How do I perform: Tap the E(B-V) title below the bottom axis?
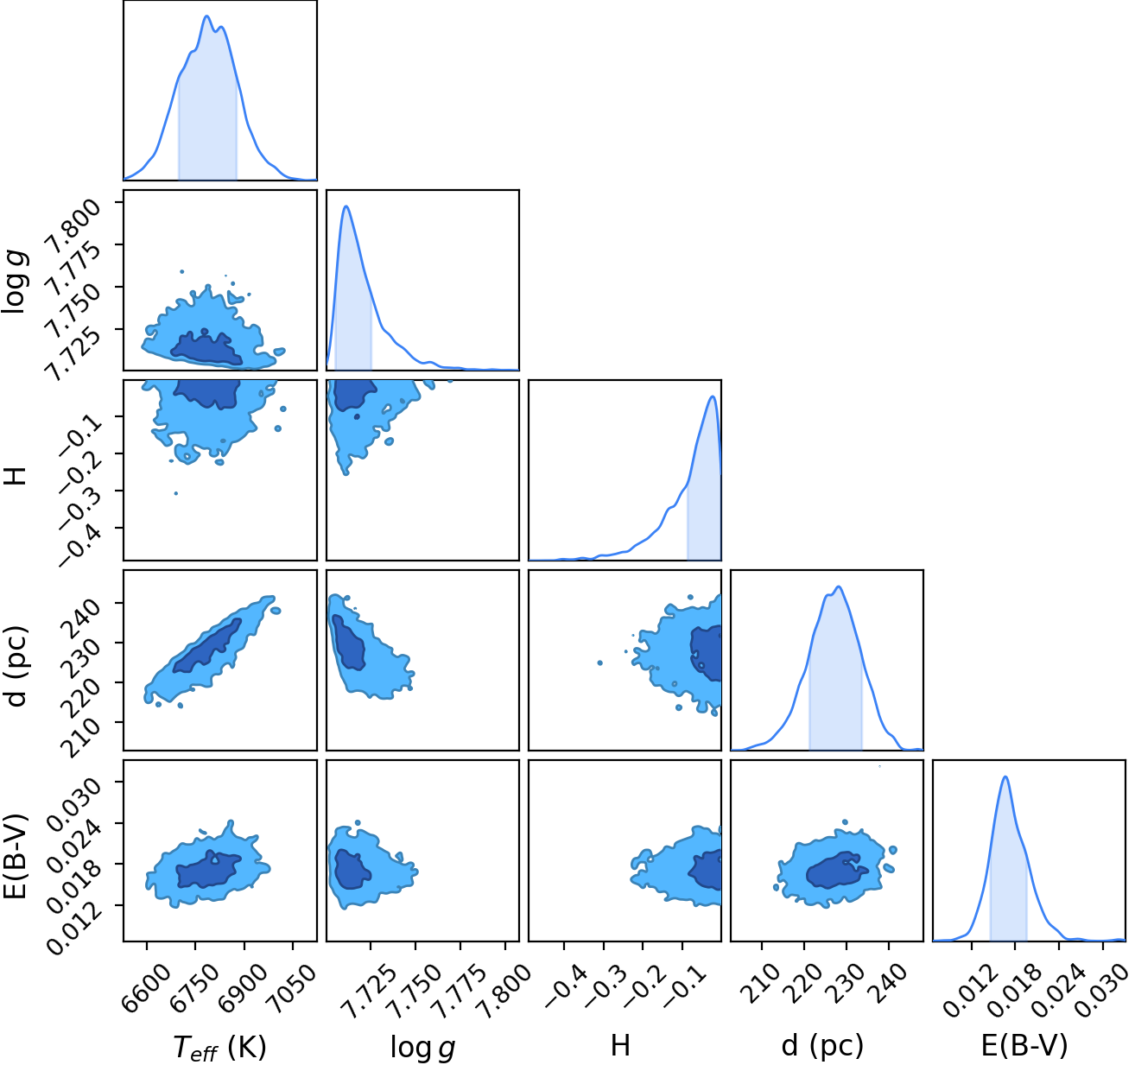coord(1024,1045)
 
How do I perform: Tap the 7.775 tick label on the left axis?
coord(72,269)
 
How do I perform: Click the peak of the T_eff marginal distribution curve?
coord(207,16)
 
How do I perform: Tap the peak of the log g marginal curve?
coord(346,206)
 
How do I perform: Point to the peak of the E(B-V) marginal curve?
coord(1005,777)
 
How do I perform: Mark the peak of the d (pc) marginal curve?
coord(839,586)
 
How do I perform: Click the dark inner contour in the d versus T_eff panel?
coord(208,646)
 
